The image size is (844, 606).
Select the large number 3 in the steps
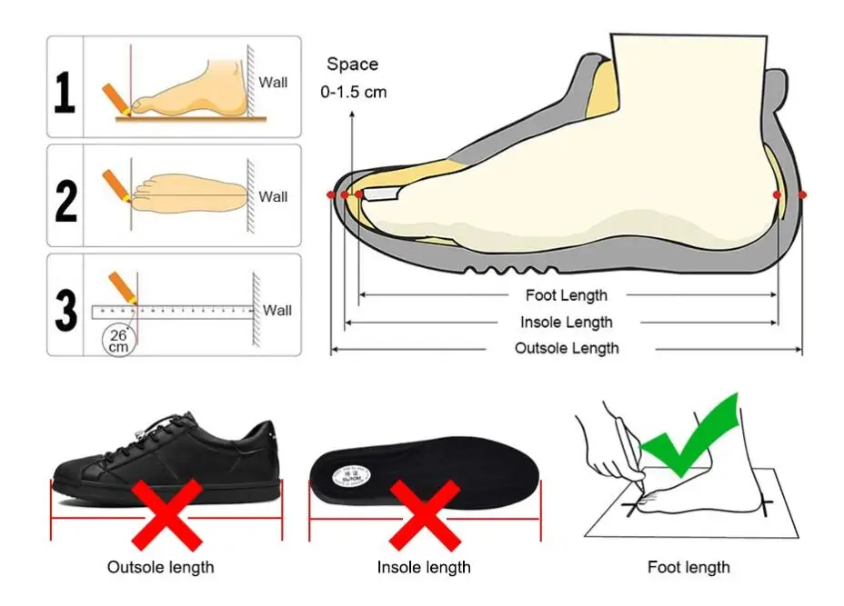tap(65, 310)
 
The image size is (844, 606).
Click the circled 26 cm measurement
tap(119, 340)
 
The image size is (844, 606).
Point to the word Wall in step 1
tap(273, 83)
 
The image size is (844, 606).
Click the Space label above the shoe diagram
tap(352, 65)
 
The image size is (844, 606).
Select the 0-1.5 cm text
tap(353, 92)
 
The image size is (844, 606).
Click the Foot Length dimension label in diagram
tap(566, 295)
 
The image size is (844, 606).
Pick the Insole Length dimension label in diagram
tap(566, 322)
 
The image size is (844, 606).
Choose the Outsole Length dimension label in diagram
tap(566, 348)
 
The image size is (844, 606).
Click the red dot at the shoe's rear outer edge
tap(802, 194)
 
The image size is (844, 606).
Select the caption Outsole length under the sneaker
tap(161, 567)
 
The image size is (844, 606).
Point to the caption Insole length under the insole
tap(424, 567)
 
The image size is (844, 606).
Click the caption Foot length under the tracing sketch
tap(688, 567)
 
